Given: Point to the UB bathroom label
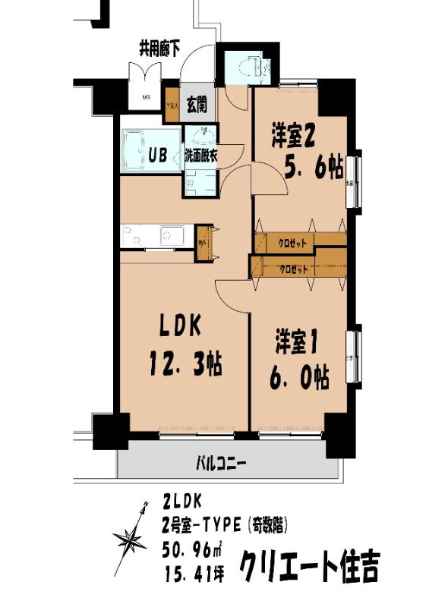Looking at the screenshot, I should click(158, 156).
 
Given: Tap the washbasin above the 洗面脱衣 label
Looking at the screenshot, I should click(201, 137).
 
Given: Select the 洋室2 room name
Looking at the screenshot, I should click(295, 137).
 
